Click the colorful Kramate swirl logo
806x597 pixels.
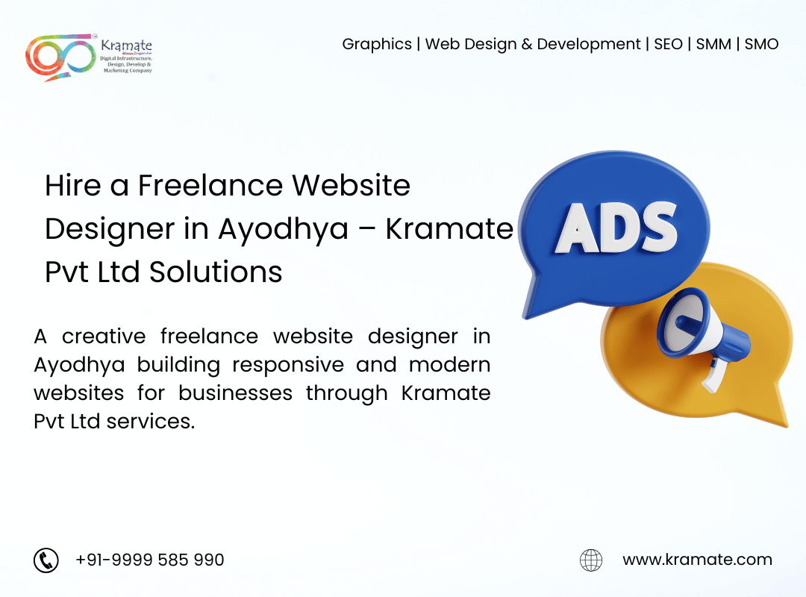click(x=60, y=57)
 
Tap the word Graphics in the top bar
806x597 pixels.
click(x=377, y=45)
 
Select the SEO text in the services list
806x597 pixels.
click(x=668, y=44)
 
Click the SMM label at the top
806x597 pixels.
click(x=713, y=44)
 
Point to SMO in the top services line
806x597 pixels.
click(x=761, y=44)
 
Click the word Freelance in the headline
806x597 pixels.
click(x=210, y=185)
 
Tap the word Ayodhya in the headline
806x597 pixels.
click(x=284, y=230)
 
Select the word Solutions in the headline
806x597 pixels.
click(x=216, y=272)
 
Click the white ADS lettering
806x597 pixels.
click(x=616, y=228)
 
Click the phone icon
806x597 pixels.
click(x=46, y=560)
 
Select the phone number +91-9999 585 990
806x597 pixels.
click(x=149, y=560)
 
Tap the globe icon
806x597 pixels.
click(x=591, y=560)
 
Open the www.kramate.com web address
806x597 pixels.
click(x=697, y=559)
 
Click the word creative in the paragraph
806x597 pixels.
click(x=104, y=337)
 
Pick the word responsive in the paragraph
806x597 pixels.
click(x=288, y=366)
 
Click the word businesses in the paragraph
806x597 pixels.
click(x=235, y=393)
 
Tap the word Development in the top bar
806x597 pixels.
click(x=589, y=45)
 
